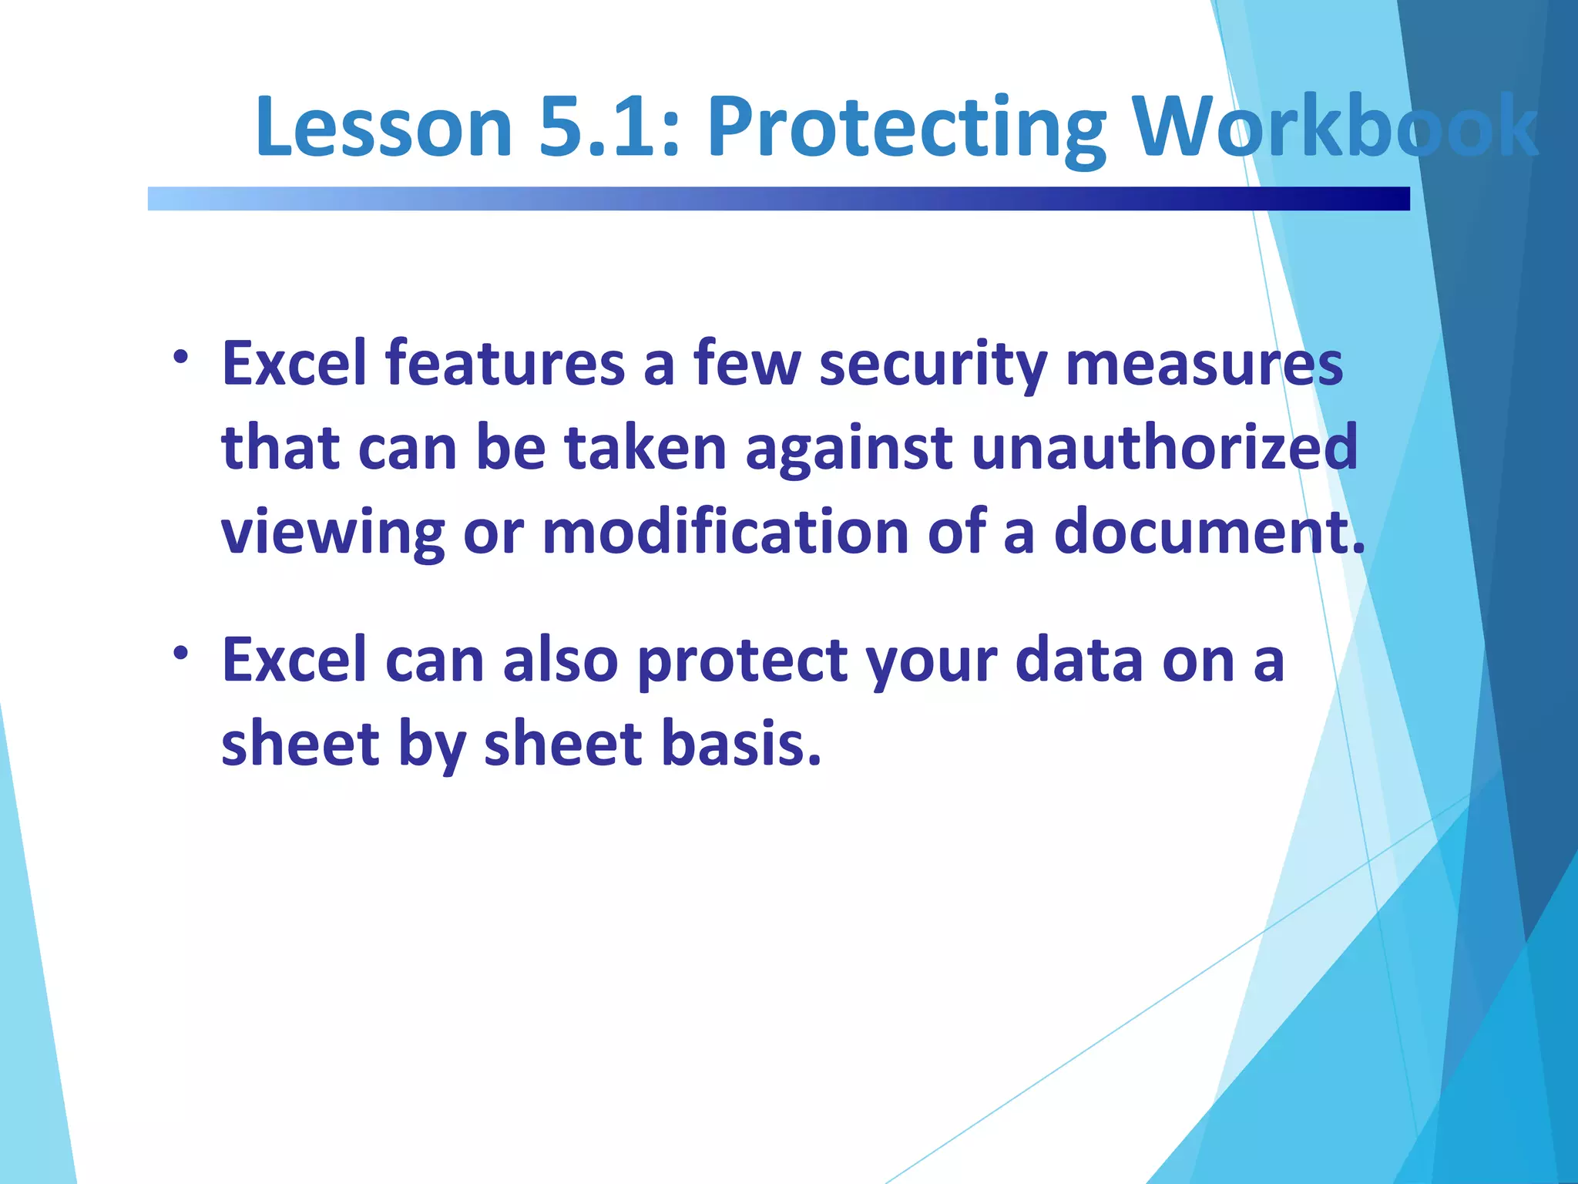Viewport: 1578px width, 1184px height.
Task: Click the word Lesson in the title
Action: (x=384, y=127)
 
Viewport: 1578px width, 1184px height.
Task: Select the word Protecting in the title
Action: (x=906, y=127)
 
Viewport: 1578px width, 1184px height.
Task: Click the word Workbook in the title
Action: (x=1336, y=127)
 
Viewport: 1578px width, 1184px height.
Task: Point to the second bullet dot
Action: (x=180, y=654)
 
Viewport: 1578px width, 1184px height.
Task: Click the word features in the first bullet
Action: (x=505, y=364)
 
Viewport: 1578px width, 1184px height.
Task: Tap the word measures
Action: (x=1204, y=364)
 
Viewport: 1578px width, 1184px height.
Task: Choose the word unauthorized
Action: (x=1164, y=448)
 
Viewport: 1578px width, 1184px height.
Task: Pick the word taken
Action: (x=646, y=448)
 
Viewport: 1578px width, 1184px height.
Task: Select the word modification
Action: (x=725, y=532)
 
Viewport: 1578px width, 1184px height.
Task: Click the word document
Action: (x=1208, y=532)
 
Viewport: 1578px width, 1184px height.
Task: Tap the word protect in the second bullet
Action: (x=743, y=661)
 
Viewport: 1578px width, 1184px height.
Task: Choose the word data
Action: (x=1079, y=660)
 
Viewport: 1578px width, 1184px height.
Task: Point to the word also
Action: (x=560, y=660)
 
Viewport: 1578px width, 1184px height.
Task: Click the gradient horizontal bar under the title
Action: (x=778, y=199)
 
